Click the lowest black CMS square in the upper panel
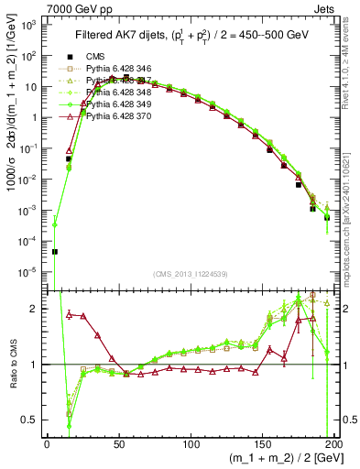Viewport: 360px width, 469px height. pyautogui.click(x=54, y=251)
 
